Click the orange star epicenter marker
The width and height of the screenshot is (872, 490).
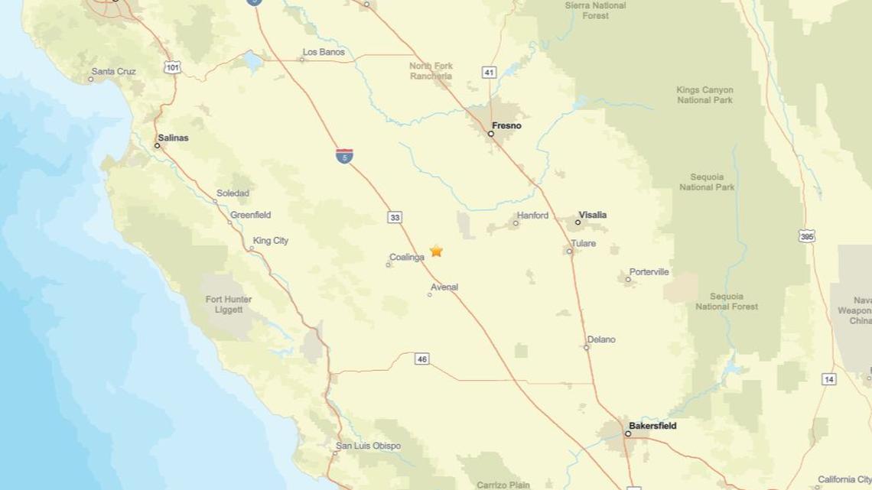[436, 251]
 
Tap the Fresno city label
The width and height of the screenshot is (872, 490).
[506, 125]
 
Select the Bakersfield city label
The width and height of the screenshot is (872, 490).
[652, 426]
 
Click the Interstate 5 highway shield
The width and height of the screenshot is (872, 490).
[344, 156]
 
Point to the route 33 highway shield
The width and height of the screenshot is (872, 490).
[395, 218]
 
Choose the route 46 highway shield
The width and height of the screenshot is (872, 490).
[421, 359]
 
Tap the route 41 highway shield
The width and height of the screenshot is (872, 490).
[490, 72]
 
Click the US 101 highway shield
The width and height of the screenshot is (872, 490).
[172, 67]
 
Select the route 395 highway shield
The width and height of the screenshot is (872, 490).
[807, 236]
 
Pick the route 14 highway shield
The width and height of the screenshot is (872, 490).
[829, 379]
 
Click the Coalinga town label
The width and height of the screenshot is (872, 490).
[406, 258]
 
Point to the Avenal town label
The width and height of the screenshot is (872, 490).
[444, 287]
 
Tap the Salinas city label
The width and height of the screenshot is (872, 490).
[173, 138]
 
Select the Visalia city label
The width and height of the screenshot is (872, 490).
[592, 215]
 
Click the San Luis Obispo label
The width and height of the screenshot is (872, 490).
[368, 446]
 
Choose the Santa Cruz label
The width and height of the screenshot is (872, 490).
[113, 72]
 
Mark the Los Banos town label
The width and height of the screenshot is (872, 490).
[324, 52]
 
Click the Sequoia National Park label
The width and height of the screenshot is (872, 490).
[707, 181]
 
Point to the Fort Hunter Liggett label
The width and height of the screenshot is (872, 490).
[229, 304]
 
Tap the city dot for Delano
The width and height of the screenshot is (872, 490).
[587, 348]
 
